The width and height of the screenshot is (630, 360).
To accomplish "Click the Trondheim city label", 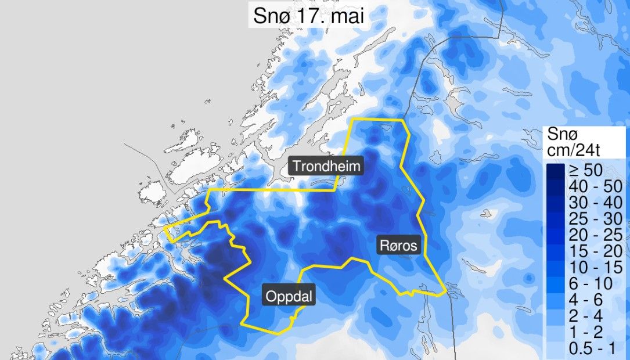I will tap(326, 167).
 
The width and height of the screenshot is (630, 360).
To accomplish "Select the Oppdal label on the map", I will tap(290, 297).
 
